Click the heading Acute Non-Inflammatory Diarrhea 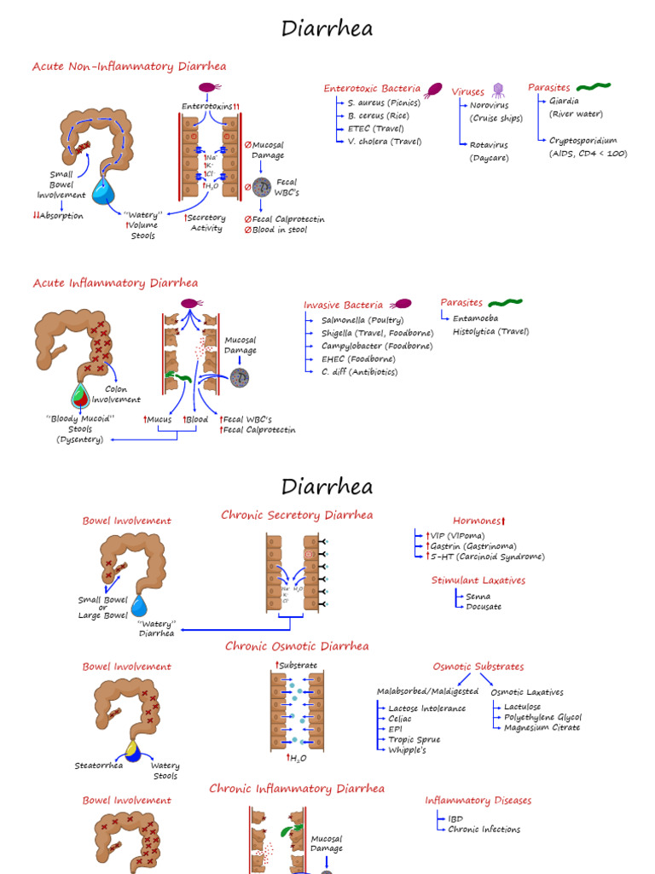pos(129,67)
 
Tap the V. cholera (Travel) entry pos(384,142)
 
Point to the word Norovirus pos(489,106)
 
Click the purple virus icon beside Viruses pos(498,90)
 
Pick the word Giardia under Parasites pos(564,101)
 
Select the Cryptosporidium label pos(583,141)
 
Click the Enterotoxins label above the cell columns pos(207,107)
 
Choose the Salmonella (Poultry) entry pos(362,320)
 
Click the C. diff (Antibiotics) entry pos(359,372)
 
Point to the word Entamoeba pos(475,318)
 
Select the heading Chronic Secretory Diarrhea pos(296,516)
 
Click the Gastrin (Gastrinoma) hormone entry pos(473,546)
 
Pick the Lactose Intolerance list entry pos(426,708)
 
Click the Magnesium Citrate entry pos(542,728)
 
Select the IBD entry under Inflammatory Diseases pos(455,819)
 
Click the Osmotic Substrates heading pos(478,667)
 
